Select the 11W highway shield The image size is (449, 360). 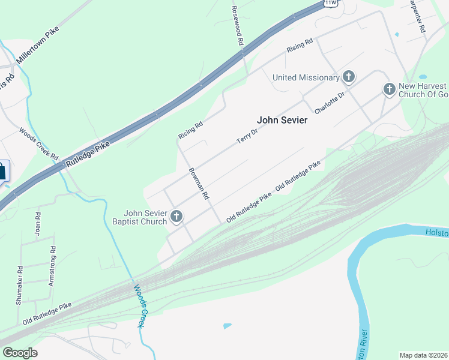click(x=331, y=3)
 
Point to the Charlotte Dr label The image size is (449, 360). click(x=330, y=103)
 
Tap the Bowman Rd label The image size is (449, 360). click(x=199, y=184)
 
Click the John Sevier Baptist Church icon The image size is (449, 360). click(x=176, y=216)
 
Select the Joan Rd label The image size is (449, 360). click(x=38, y=223)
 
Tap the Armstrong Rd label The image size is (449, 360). click(x=52, y=266)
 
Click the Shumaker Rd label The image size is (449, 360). click(x=19, y=286)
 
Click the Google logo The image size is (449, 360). click(x=20, y=353)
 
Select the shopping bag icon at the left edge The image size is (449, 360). click(x=2, y=171)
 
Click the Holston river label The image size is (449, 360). click(x=436, y=232)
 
